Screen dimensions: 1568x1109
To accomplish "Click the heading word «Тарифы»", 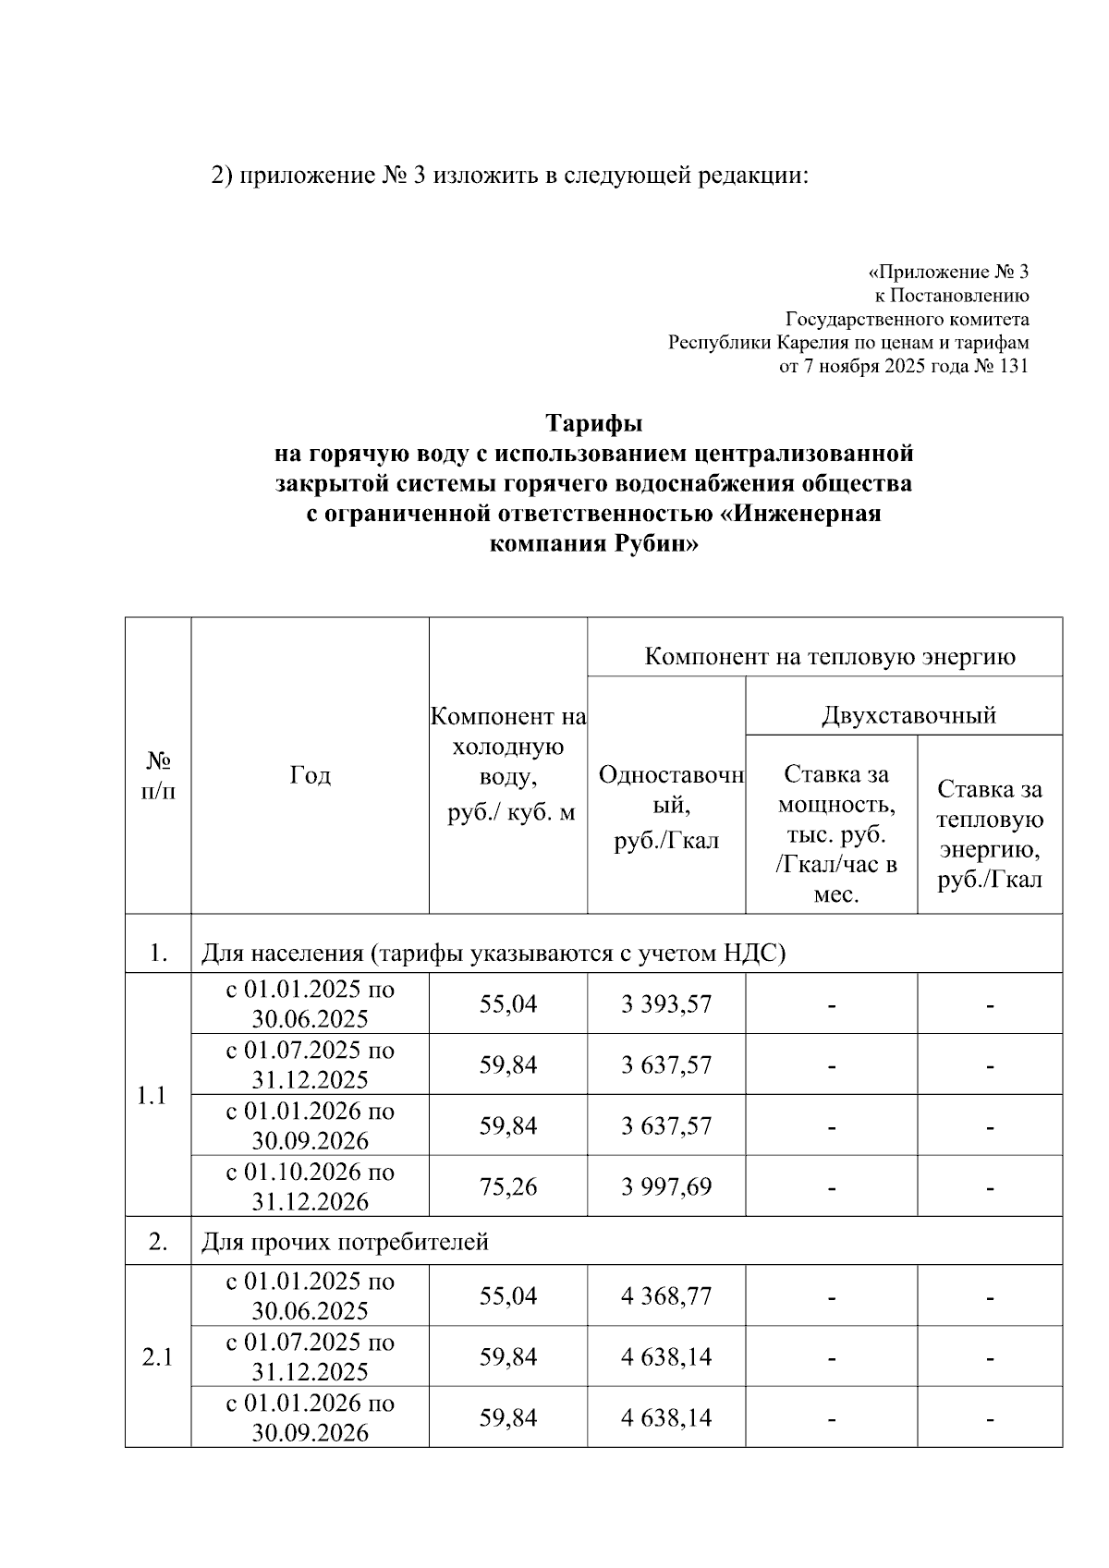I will coord(593,424).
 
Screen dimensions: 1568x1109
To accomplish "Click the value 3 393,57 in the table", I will coord(666,1004).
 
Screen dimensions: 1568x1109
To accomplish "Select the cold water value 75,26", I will coord(507,1186).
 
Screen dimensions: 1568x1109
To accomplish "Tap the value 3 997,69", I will coord(666,1186).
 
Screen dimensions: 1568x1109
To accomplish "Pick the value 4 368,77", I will coord(666,1296).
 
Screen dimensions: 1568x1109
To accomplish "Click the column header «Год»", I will coord(310,775).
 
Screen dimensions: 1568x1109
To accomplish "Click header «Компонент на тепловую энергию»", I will coord(829,657).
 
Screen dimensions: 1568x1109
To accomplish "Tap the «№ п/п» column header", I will coord(158,775).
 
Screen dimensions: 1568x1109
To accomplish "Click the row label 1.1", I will coord(152,1096).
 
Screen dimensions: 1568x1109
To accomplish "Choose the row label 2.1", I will coord(157,1357).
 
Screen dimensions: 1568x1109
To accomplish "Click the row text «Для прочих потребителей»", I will coord(345,1242).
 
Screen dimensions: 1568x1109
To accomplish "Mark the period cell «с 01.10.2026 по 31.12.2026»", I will coord(310,1186).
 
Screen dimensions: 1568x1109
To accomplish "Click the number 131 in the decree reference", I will coord(1013,367).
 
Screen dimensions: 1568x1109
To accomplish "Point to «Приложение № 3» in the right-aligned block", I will coord(952,273).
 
